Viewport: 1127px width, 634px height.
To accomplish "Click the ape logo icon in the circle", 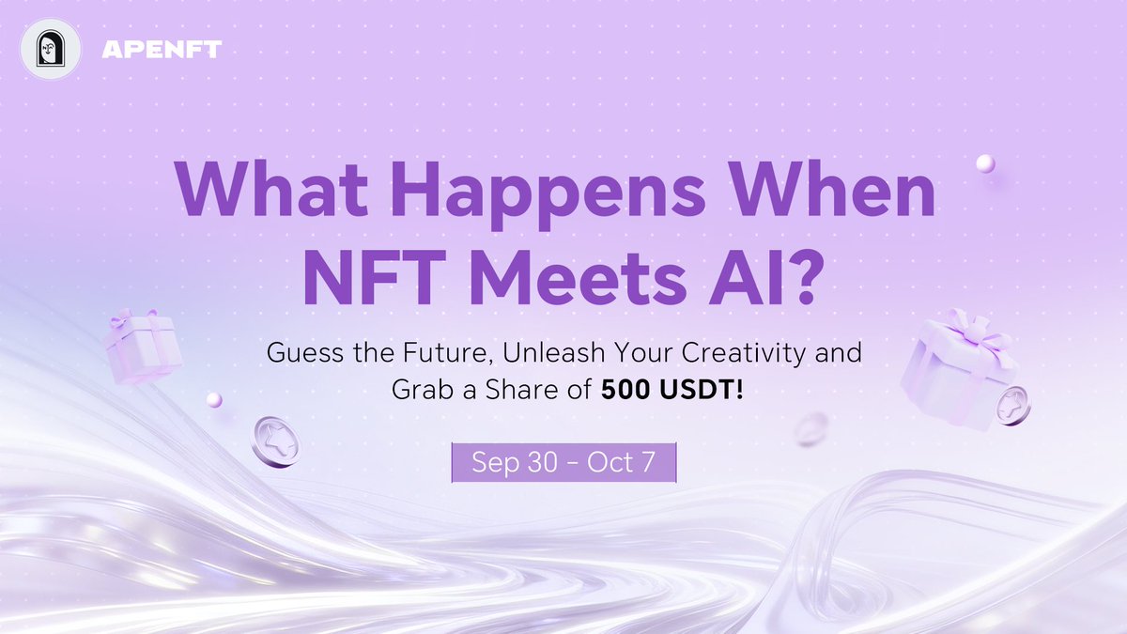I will point(50,49).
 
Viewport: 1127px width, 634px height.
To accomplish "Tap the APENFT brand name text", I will point(161,49).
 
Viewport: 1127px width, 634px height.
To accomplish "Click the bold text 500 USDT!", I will point(672,391).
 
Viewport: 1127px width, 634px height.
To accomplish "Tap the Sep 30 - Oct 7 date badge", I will point(563,463).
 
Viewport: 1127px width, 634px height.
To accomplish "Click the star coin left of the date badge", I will point(275,441).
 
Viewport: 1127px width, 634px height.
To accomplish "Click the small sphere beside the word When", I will point(984,164).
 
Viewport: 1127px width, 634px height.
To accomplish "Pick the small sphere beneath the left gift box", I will point(213,400).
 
